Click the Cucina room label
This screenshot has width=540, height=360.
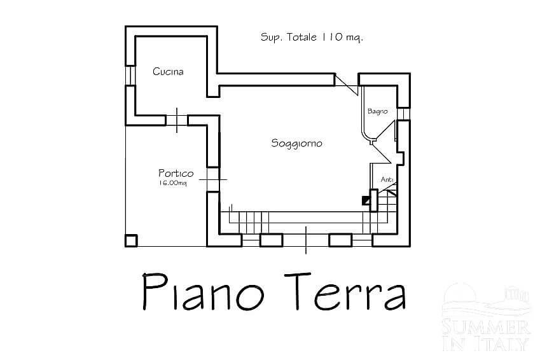(168, 72)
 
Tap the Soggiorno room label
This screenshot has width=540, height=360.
(296, 143)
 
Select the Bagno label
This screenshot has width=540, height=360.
(377, 111)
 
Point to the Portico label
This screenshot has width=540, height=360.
(176, 173)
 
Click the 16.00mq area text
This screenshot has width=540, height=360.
(173, 183)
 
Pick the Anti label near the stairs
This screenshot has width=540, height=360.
(387, 179)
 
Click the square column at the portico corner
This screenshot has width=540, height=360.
(131, 240)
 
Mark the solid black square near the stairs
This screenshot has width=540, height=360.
(366, 200)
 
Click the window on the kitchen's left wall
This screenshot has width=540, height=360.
(130, 75)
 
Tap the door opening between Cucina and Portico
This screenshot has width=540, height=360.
(177, 120)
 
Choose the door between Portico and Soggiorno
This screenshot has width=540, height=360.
(213, 179)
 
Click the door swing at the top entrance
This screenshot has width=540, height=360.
(347, 84)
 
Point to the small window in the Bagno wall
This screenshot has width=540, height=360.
(403, 113)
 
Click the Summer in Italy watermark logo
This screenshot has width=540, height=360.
(485, 316)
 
